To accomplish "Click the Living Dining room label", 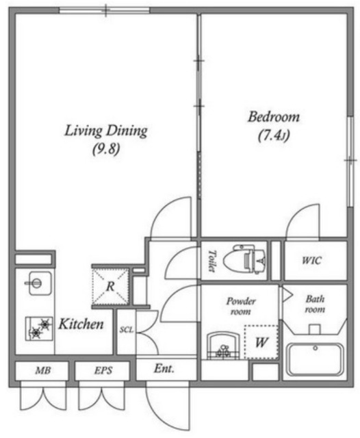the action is (106, 131).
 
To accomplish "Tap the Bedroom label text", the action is (273, 117).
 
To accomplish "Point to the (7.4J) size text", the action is (273, 136).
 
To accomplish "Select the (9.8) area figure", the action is (106, 149).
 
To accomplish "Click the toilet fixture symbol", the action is (244, 259).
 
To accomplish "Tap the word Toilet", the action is (212, 261).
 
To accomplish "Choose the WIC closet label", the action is (311, 261).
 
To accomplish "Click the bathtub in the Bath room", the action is (315, 360).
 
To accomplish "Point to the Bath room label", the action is (315, 304).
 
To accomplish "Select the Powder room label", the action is (241, 306).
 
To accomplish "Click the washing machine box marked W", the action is (261, 342).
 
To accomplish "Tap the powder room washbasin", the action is (223, 345).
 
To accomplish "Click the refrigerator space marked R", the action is (111, 286).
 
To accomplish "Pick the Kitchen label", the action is (81, 324).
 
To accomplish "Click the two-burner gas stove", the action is (39, 328).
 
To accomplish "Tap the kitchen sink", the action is (40, 283).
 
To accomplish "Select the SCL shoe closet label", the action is (127, 330).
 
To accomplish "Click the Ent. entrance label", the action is (164, 369).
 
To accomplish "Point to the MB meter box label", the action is (42, 370).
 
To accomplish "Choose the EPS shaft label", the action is (103, 370).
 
